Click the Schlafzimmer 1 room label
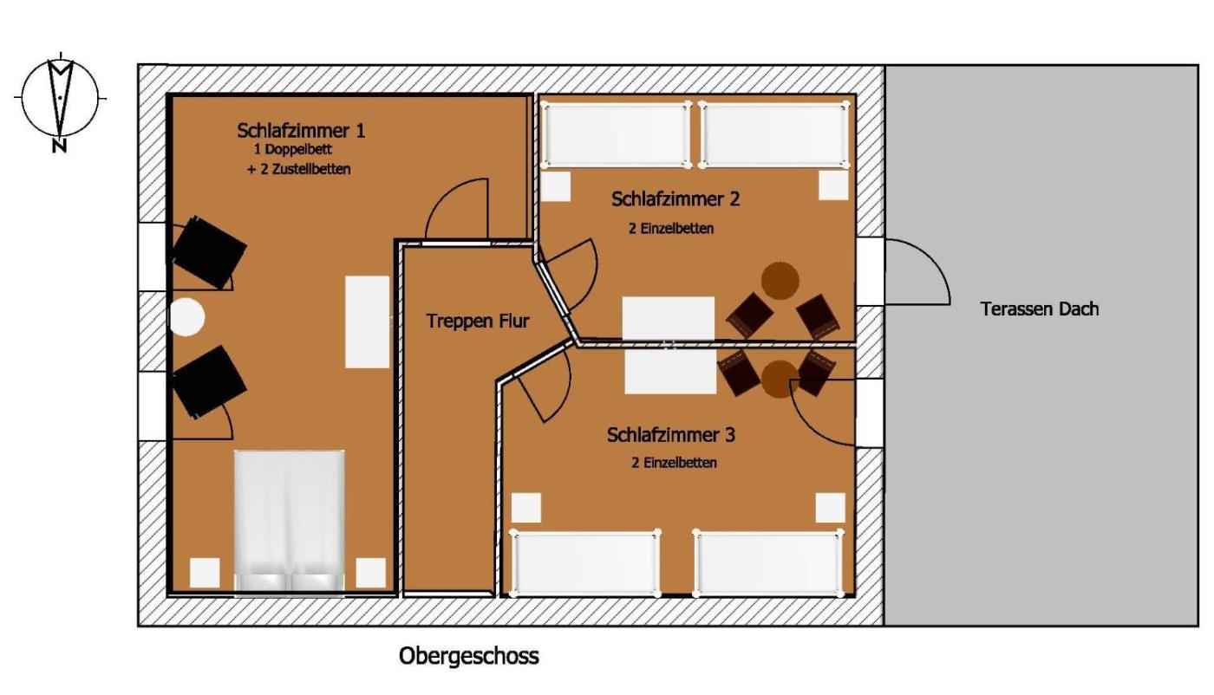click(301, 131)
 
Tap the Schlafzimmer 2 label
click(676, 198)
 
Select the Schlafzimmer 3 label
click(671, 434)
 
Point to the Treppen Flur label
click(478, 321)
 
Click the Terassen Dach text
click(1040, 309)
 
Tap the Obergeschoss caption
click(469, 656)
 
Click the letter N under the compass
click(59, 146)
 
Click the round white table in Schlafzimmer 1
click(187, 317)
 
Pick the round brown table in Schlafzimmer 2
click(780, 281)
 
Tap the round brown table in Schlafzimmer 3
click(780, 380)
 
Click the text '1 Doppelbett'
click(293, 150)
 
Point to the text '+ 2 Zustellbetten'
click(299, 169)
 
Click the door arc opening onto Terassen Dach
click(931, 259)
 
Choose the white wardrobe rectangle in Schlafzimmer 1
click(368, 322)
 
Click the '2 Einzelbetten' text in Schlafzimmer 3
click(674, 463)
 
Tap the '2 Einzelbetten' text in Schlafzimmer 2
click(671, 229)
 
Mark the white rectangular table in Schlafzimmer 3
click(669, 372)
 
